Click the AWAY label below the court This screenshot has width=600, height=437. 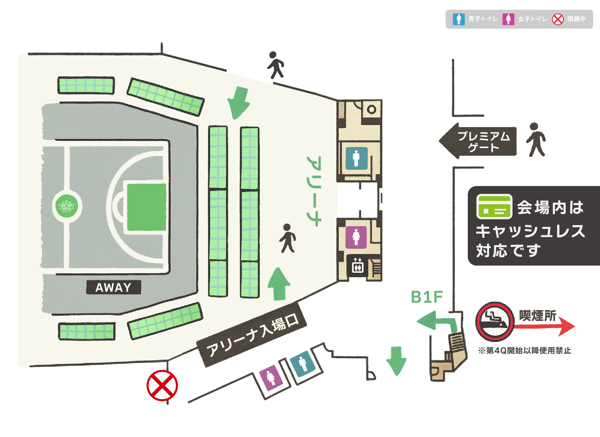113,287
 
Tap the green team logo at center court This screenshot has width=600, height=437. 67,206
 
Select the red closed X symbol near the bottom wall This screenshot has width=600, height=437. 162,385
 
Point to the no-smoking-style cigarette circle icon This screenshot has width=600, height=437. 495,321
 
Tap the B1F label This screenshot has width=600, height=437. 427,297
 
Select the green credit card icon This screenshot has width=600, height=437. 494,207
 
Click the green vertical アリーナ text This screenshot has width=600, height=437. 314,191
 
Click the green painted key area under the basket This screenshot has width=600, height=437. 146,207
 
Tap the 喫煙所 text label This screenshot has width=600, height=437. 538,316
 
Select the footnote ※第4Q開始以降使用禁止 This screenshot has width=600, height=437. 524,350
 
